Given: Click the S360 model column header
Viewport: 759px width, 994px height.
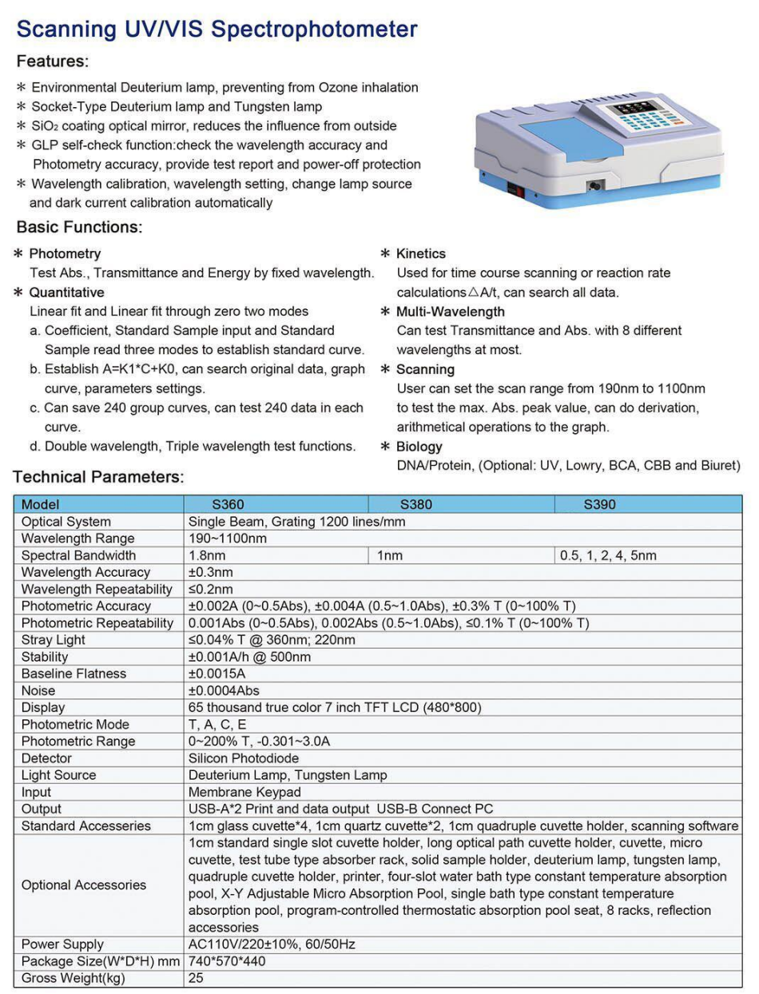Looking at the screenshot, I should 228,505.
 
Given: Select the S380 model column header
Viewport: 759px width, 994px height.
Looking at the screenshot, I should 416,505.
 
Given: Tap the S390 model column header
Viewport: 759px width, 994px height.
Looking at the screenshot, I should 600,505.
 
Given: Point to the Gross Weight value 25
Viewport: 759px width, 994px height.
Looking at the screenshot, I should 196,978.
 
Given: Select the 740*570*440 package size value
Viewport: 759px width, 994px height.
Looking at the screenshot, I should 227,961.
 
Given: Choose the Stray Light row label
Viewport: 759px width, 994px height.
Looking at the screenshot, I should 54,640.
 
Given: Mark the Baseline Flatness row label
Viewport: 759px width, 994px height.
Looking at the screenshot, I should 74,674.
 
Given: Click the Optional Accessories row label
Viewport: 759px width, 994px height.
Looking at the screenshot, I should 84,885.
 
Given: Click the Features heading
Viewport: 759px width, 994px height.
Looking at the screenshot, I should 53,62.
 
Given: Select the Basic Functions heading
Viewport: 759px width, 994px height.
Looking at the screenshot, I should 79,227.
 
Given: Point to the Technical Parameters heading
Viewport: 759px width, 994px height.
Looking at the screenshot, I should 98,477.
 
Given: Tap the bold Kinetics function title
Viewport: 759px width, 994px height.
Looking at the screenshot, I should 421,253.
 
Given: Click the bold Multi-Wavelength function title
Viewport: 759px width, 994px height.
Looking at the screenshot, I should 451,312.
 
